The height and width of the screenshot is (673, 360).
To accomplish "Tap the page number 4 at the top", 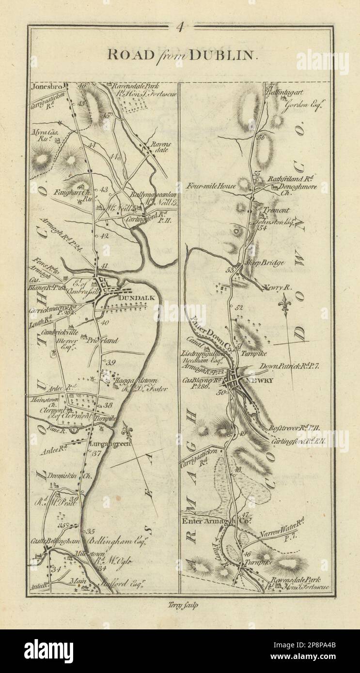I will [x=180, y=27].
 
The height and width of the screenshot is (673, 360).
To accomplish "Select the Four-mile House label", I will [x=213, y=185].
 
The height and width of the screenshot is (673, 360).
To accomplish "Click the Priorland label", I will [x=104, y=340].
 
